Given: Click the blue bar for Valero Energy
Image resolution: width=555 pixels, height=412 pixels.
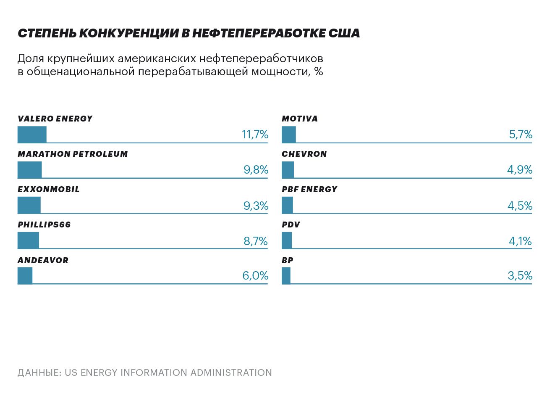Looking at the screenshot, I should tap(32, 135).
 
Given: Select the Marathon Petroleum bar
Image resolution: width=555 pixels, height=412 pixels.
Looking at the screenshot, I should tap(29, 170).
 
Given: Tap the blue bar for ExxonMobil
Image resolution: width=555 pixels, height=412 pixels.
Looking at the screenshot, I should tap(29, 205).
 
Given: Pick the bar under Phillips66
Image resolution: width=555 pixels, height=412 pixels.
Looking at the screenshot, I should tap(28, 240).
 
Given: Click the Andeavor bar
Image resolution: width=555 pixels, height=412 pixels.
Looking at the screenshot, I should tap(25, 276).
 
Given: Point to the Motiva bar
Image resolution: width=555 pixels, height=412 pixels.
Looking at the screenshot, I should tap(288, 135).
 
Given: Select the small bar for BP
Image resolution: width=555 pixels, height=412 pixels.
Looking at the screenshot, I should tap(286, 276).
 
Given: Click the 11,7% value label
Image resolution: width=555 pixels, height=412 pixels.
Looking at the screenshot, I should tap(255, 135).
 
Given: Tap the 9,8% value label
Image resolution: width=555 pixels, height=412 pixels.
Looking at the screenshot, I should tap(256, 170).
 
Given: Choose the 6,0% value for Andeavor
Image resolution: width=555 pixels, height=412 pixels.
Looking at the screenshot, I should tap(255, 276).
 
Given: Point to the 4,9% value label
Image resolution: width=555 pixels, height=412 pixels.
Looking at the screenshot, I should tap(520, 170).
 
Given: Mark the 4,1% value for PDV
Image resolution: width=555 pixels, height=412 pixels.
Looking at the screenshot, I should tap(520, 241).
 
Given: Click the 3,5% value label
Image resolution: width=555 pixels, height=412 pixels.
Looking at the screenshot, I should tap(520, 276).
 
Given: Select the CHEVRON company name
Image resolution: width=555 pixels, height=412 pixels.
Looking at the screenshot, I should tap(304, 154).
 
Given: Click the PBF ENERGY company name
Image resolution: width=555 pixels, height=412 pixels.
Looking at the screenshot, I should tap(309, 190).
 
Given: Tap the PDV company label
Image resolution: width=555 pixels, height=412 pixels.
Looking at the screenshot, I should tap(291, 225).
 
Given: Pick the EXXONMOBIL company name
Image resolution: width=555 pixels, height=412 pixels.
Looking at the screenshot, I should tap(49, 190).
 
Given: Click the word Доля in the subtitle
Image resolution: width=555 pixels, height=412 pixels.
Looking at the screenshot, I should tap(31, 58).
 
